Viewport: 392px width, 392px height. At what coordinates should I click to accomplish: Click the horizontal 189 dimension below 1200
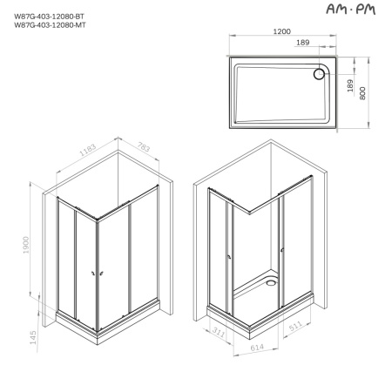click(302, 43)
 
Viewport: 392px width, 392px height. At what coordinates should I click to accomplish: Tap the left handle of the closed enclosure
click(93, 273)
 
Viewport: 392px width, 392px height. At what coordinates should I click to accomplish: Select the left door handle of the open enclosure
click(228, 256)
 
